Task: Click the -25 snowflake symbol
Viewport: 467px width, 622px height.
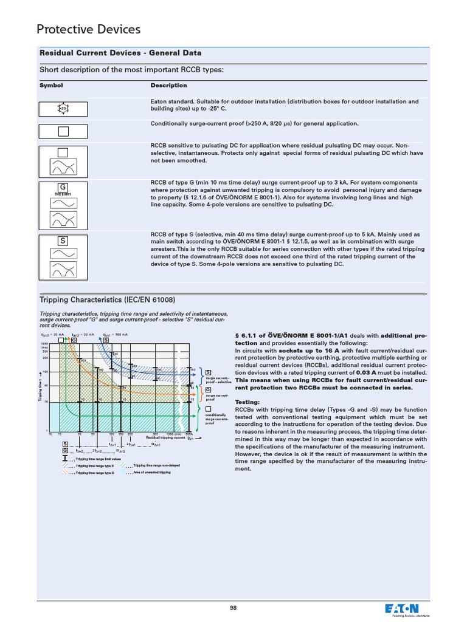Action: click(63, 109)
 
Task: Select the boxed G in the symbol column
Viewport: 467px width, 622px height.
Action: click(63, 186)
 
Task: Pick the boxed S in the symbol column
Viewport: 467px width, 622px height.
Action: click(63, 241)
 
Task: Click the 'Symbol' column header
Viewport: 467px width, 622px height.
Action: click(51, 86)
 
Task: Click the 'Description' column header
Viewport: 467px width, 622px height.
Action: click(168, 86)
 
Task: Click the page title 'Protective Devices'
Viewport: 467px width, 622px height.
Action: click(88, 29)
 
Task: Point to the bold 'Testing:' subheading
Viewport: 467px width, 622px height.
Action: click(248, 402)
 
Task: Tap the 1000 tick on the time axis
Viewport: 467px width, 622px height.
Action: click(44, 343)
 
